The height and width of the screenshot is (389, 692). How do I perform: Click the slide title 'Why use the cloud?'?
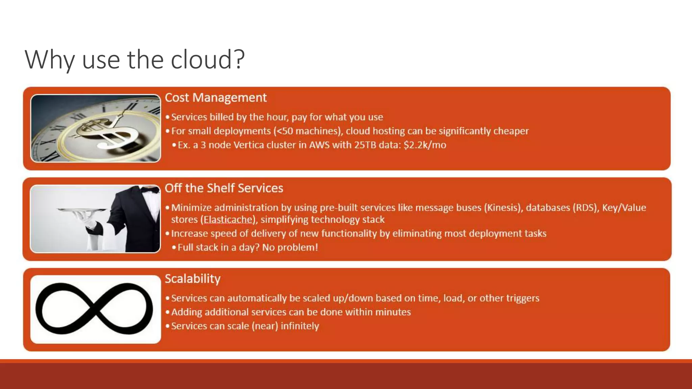(134, 59)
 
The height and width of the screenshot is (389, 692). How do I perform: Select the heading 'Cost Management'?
(216, 98)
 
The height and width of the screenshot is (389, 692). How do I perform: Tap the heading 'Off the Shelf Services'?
(224, 188)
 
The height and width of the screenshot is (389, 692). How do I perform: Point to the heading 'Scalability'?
(193, 279)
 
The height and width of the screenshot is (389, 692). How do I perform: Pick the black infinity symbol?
(94, 309)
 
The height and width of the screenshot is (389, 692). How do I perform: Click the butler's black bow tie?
(150, 189)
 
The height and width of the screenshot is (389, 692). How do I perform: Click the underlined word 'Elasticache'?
(229, 220)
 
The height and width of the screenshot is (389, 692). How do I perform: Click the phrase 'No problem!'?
(290, 248)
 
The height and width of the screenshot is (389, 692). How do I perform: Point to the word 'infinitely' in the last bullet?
(300, 326)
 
